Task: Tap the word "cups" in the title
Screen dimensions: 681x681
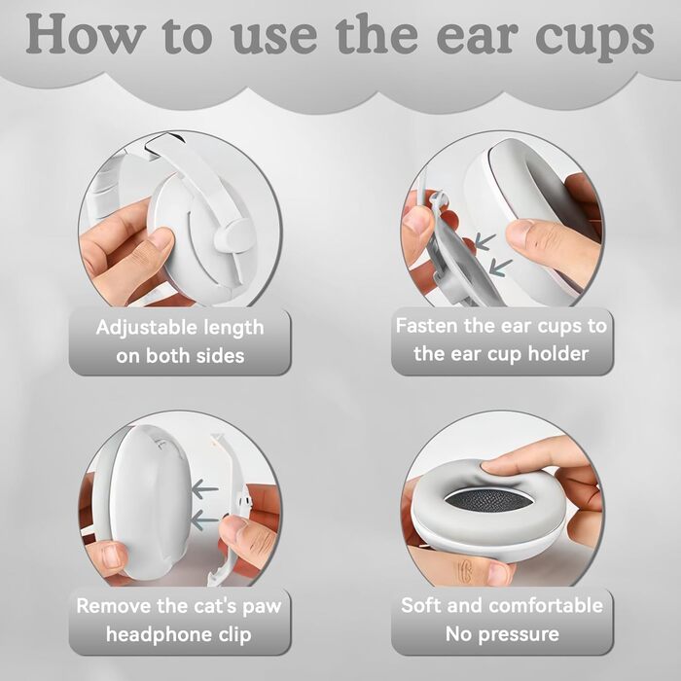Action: pos(594,40)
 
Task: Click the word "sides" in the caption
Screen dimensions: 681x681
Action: pos(220,356)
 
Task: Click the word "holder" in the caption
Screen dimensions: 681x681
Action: pos(558,353)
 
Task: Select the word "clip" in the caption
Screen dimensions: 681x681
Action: pos(235,635)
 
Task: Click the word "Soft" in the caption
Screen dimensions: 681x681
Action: pos(421,605)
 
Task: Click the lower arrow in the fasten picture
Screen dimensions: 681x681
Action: pos(500,267)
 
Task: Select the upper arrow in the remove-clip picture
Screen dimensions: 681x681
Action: pos(205,489)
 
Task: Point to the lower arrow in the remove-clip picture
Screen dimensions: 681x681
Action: pos(204,520)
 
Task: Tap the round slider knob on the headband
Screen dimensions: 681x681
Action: pos(227,235)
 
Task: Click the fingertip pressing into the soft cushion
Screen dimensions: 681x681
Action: pos(498,467)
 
